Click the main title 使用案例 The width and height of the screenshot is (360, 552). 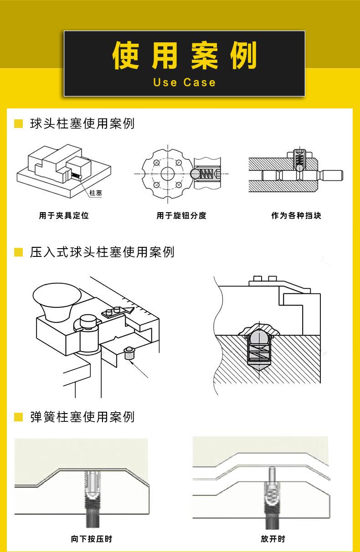coord(184,56)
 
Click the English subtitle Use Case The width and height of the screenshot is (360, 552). coord(184,82)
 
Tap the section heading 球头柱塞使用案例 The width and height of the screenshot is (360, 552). coord(82,124)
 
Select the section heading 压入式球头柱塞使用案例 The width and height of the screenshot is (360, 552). coord(102,252)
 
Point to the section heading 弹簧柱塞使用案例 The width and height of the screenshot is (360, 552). coord(82,417)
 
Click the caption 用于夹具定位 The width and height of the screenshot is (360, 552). coord(64,216)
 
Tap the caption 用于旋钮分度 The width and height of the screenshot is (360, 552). coord(181,216)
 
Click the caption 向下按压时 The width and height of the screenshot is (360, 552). coord(92,539)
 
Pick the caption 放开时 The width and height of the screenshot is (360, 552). coord(273,539)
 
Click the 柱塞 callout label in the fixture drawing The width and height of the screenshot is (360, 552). coord(96,193)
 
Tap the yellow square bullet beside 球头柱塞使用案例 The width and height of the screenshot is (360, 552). coord(19,124)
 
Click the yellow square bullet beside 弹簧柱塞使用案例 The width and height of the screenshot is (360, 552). coord(19,417)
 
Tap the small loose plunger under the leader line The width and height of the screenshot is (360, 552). coord(130,353)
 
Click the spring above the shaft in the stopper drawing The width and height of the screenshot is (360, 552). coord(299,159)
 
